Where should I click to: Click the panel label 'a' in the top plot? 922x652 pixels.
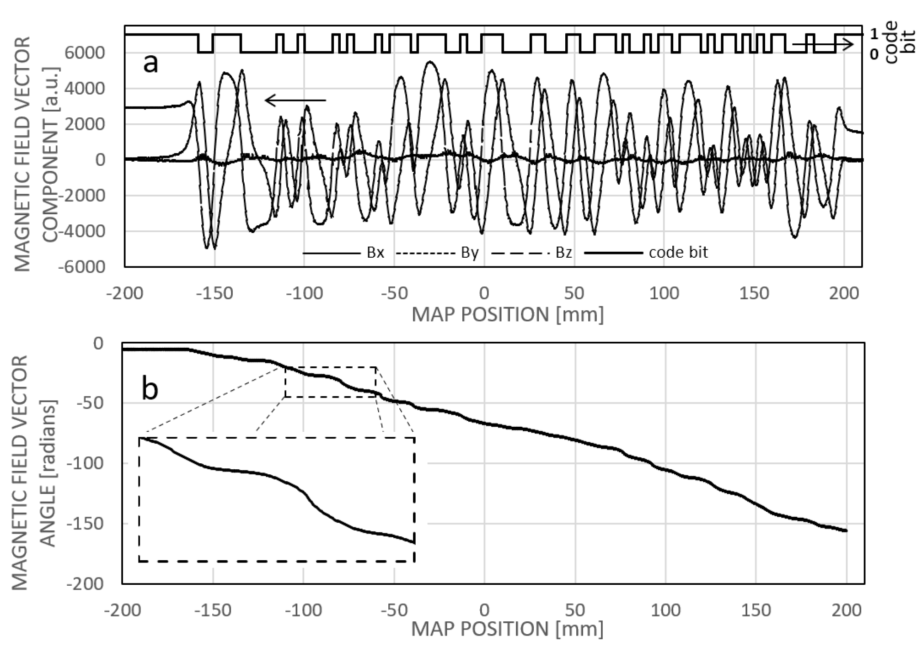[150, 64]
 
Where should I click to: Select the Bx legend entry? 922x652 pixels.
[375, 253]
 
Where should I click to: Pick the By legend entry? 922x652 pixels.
[469, 253]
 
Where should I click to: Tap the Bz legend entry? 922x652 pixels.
[563, 253]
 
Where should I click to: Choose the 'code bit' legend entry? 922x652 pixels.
[678, 253]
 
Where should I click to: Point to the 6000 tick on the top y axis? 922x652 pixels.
[86, 53]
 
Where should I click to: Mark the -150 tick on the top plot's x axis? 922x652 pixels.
[214, 293]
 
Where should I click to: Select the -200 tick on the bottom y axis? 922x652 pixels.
[86, 583]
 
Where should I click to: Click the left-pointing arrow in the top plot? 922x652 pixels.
[295, 100]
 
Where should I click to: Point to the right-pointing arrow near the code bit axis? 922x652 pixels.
[823, 44]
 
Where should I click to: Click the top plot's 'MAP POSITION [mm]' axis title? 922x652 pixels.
[508, 315]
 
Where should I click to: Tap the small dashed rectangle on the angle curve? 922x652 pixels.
[331, 382]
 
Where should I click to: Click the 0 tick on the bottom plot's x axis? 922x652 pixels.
[484, 610]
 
